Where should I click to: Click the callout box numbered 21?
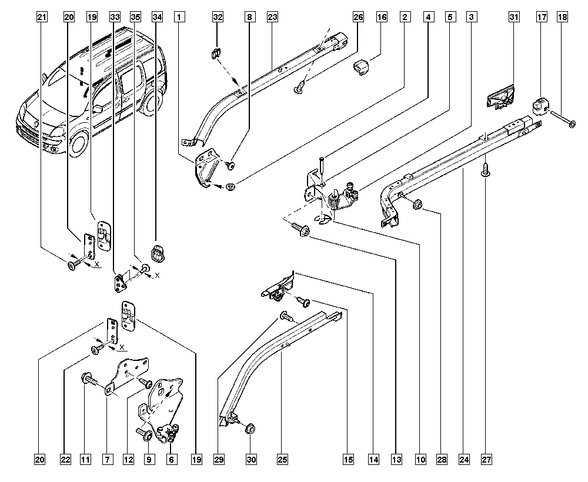point(41,18)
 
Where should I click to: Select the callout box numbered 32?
point(218,18)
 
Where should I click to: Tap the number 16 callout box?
point(382,18)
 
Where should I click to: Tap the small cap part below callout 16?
point(360,67)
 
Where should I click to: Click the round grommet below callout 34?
point(158,252)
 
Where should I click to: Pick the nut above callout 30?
point(249,427)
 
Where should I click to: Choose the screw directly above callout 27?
point(485,170)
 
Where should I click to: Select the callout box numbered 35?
point(136,18)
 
